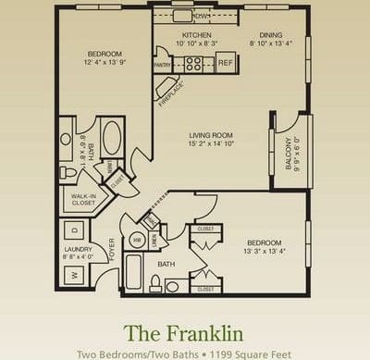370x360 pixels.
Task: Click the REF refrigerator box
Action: (224, 63)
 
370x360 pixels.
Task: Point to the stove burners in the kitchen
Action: (193, 63)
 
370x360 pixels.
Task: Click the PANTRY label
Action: (161, 65)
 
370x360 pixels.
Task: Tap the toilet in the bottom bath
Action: (171, 286)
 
